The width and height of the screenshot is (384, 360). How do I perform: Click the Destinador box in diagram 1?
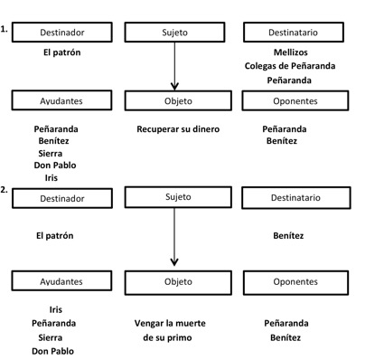click(62, 32)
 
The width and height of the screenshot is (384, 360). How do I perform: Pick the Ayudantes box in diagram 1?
click(62, 100)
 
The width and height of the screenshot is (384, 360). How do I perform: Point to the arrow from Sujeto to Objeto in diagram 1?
click(173, 65)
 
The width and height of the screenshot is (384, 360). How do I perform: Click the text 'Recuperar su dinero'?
click(178, 129)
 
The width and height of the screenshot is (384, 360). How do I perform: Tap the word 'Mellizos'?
click(291, 52)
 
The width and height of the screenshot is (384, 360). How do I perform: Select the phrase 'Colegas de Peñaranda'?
click(290, 66)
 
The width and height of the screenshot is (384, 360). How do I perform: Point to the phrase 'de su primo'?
click(169, 337)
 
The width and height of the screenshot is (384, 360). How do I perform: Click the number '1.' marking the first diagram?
click(5, 28)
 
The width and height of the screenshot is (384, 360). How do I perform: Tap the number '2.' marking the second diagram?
click(5, 191)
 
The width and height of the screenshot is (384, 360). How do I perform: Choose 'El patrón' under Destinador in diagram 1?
click(62, 52)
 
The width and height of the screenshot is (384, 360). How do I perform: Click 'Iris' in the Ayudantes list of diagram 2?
click(56, 309)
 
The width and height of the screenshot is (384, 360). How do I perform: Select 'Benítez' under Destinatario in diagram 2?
click(288, 236)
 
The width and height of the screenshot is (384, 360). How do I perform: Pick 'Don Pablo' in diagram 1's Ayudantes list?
click(55, 166)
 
